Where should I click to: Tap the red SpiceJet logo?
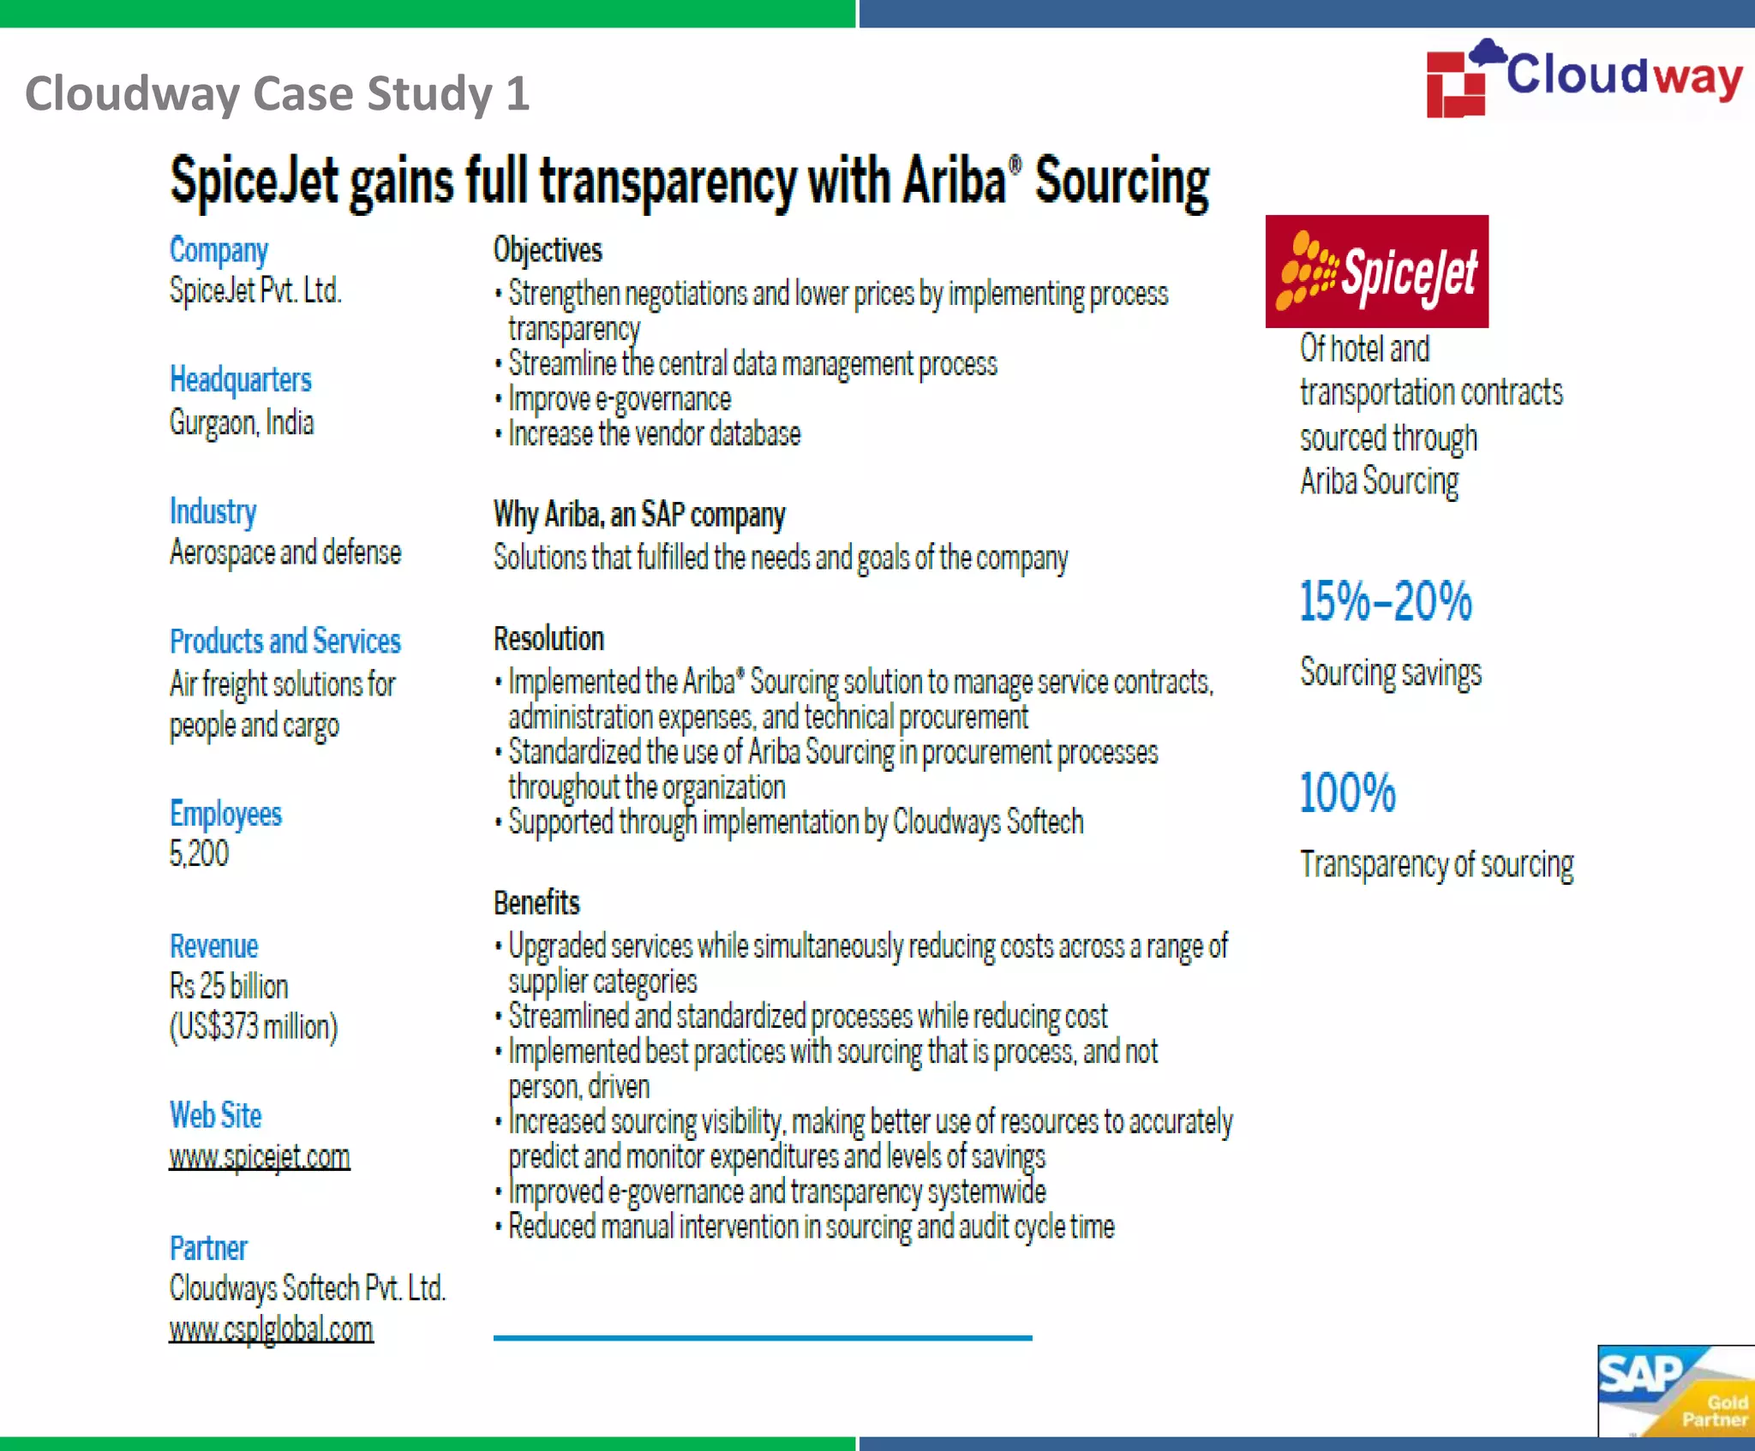click(x=1376, y=272)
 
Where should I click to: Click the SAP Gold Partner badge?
click(x=1674, y=1390)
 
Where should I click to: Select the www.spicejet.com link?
click(x=260, y=1157)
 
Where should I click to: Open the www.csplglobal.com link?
click(x=271, y=1329)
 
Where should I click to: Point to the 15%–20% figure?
click(x=1385, y=601)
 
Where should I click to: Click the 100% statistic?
click(x=1347, y=793)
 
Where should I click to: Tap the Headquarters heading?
click(x=240, y=379)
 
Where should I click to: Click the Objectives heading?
click(x=548, y=250)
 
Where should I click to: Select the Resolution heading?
click(x=548, y=639)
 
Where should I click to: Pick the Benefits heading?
click(x=536, y=903)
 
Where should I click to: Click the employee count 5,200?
click(x=199, y=854)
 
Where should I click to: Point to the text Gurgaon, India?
click(x=242, y=422)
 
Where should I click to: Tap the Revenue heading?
click(x=213, y=946)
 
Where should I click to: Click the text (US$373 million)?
click(x=254, y=1027)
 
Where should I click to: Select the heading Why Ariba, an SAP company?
click(x=639, y=515)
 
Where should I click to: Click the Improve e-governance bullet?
click(x=619, y=399)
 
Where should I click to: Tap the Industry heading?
click(x=213, y=511)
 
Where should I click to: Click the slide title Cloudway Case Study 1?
click(x=277, y=93)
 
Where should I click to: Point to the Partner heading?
click(x=208, y=1249)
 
